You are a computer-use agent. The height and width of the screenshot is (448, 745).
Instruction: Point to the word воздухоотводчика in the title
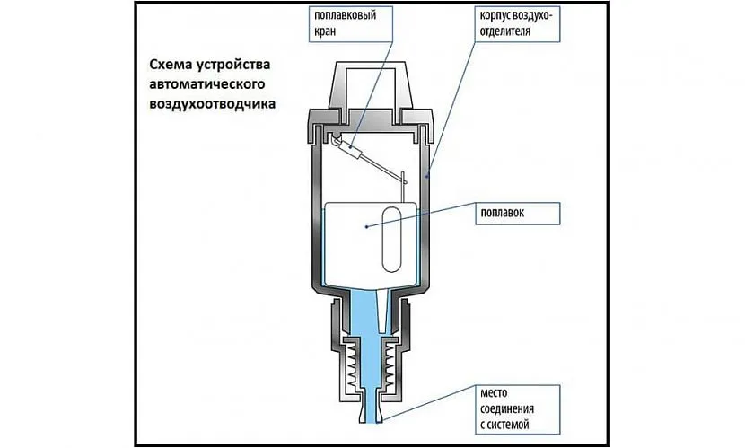(x=206, y=104)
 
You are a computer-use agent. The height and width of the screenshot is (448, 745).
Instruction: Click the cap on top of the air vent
(x=372, y=83)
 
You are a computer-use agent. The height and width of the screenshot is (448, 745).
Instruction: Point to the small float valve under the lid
(x=345, y=146)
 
